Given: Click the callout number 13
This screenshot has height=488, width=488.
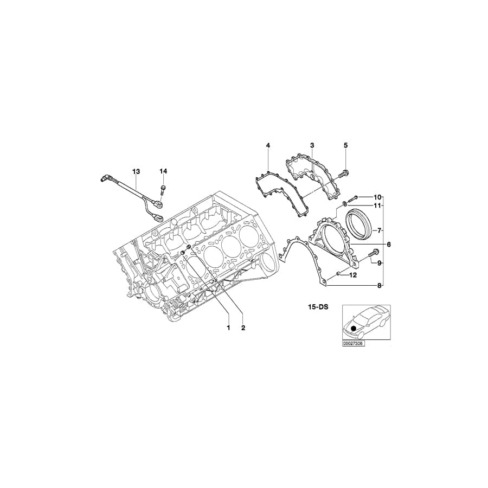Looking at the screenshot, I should pos(136,171).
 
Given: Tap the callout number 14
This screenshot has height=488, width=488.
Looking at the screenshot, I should pos(163,171).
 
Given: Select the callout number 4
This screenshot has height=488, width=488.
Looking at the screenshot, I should pos(267,145).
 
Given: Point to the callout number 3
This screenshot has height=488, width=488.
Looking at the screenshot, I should pos(312,145).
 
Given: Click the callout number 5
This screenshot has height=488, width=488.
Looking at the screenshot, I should pos(345,145).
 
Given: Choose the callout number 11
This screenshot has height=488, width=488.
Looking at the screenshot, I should pos(377,206).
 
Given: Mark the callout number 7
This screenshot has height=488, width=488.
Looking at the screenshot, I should pos(380,229).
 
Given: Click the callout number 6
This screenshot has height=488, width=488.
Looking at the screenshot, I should pos(389,245).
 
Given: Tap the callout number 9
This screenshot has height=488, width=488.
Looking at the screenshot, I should pos(380,263).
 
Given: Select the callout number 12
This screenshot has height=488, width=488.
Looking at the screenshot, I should pos(352,275).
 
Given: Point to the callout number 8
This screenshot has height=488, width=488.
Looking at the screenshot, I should pos(380,285).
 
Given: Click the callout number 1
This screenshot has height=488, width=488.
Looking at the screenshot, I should pos(228,328).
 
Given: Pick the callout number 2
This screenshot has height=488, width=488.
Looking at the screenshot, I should pos(243,328).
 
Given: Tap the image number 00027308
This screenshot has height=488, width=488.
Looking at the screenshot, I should pos(353,343).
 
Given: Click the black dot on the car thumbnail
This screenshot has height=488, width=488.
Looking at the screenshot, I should pos(354,327).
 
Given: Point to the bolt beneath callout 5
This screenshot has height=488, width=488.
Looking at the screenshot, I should pos(343,174).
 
